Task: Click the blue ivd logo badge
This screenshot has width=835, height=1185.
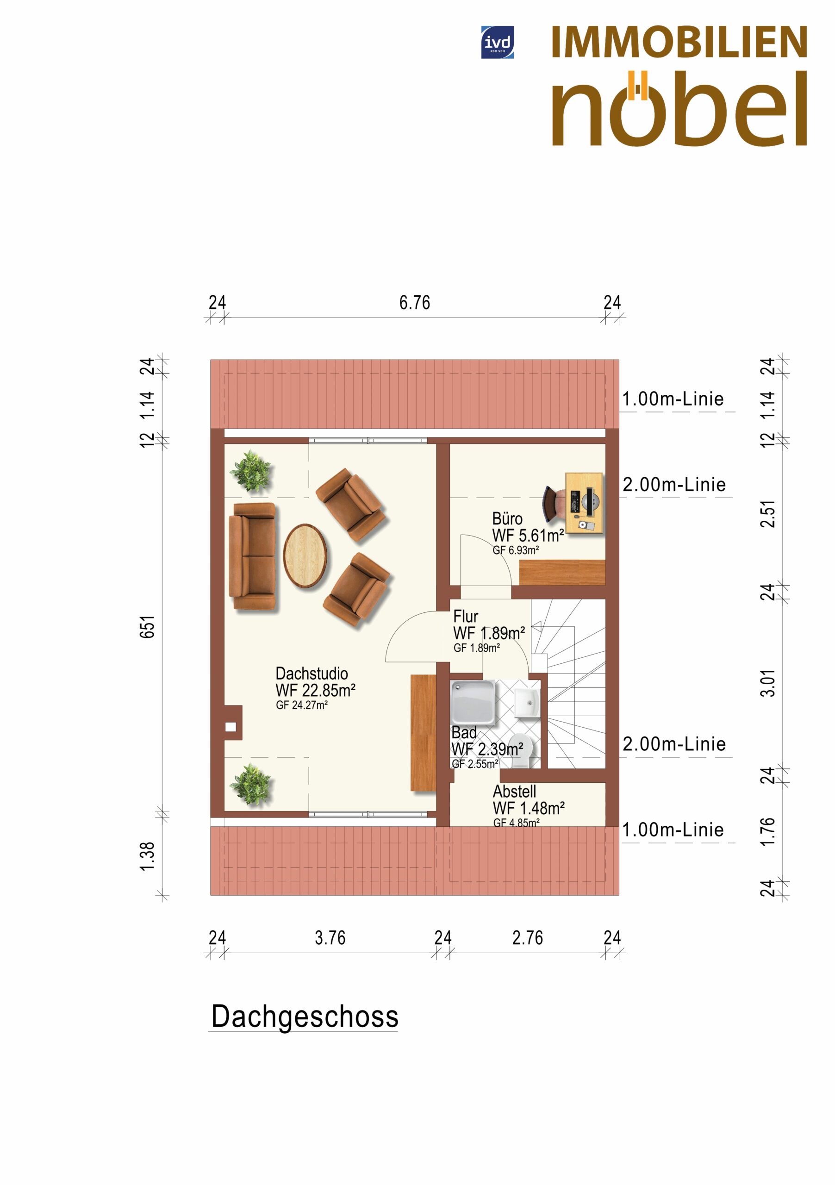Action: [x=497, y=42]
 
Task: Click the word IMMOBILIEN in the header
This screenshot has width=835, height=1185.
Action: [x=679, y=42]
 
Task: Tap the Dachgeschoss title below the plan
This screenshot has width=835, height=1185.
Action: [x=305, y=1016]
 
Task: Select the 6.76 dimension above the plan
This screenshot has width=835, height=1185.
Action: [x=414, y=302]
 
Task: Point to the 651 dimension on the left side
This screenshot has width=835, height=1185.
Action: [x=147, y=627]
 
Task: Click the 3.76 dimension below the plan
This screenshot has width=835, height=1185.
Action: [x=330, y=938]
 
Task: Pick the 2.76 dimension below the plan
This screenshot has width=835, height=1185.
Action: [x=527, y=938]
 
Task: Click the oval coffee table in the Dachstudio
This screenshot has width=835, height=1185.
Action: [x=305, y=556]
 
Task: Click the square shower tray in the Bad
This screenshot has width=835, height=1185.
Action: [x=473, y=702]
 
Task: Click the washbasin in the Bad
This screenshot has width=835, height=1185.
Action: [x=527, y=701]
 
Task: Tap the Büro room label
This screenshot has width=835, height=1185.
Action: [x=507, y=519]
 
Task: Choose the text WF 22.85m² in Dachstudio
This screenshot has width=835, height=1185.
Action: [x=315, y=690]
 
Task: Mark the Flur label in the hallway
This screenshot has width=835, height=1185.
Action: [x=466, y=616]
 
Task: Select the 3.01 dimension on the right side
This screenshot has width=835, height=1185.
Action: [x=768, y=683]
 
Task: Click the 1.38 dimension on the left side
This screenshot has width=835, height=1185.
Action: [x=147, y=856]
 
